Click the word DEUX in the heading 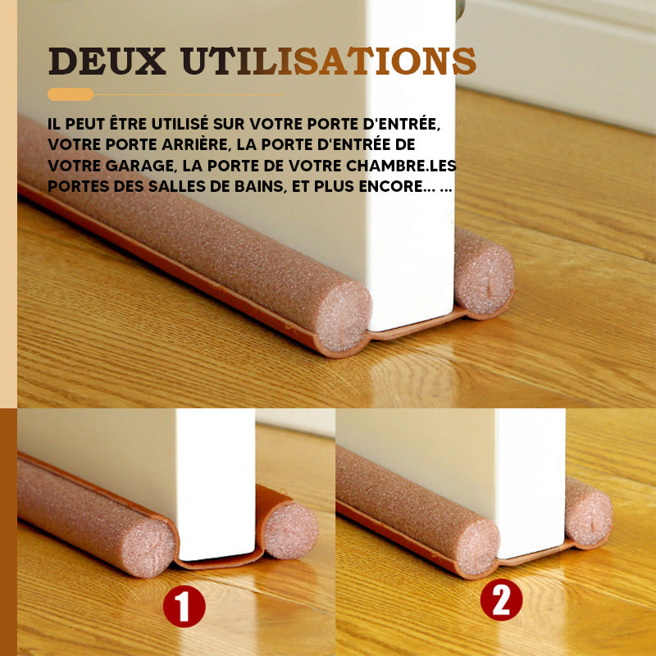click(x=107, y=61)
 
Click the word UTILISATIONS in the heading click(x=329, y=61)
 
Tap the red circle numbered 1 click(x=184, y=606)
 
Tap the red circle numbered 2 click(x=501, y=600)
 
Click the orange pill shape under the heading click(x=71, y=94)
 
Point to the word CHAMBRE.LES click(x=401, y=166)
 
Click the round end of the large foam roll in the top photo click(x=344, y=317)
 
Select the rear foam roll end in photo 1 click(x=291, y=530)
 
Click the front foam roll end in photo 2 click(x=476, y=547)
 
